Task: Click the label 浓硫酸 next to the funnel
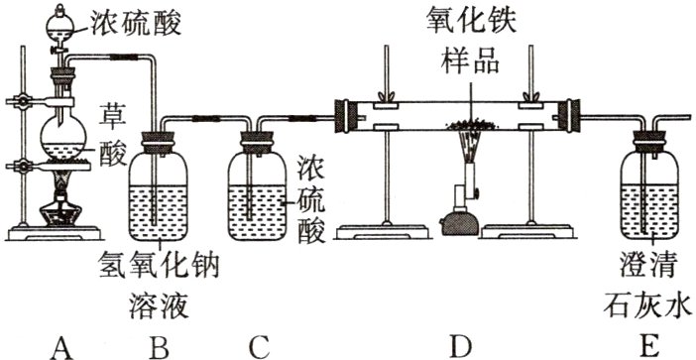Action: (x=136, y=21)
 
